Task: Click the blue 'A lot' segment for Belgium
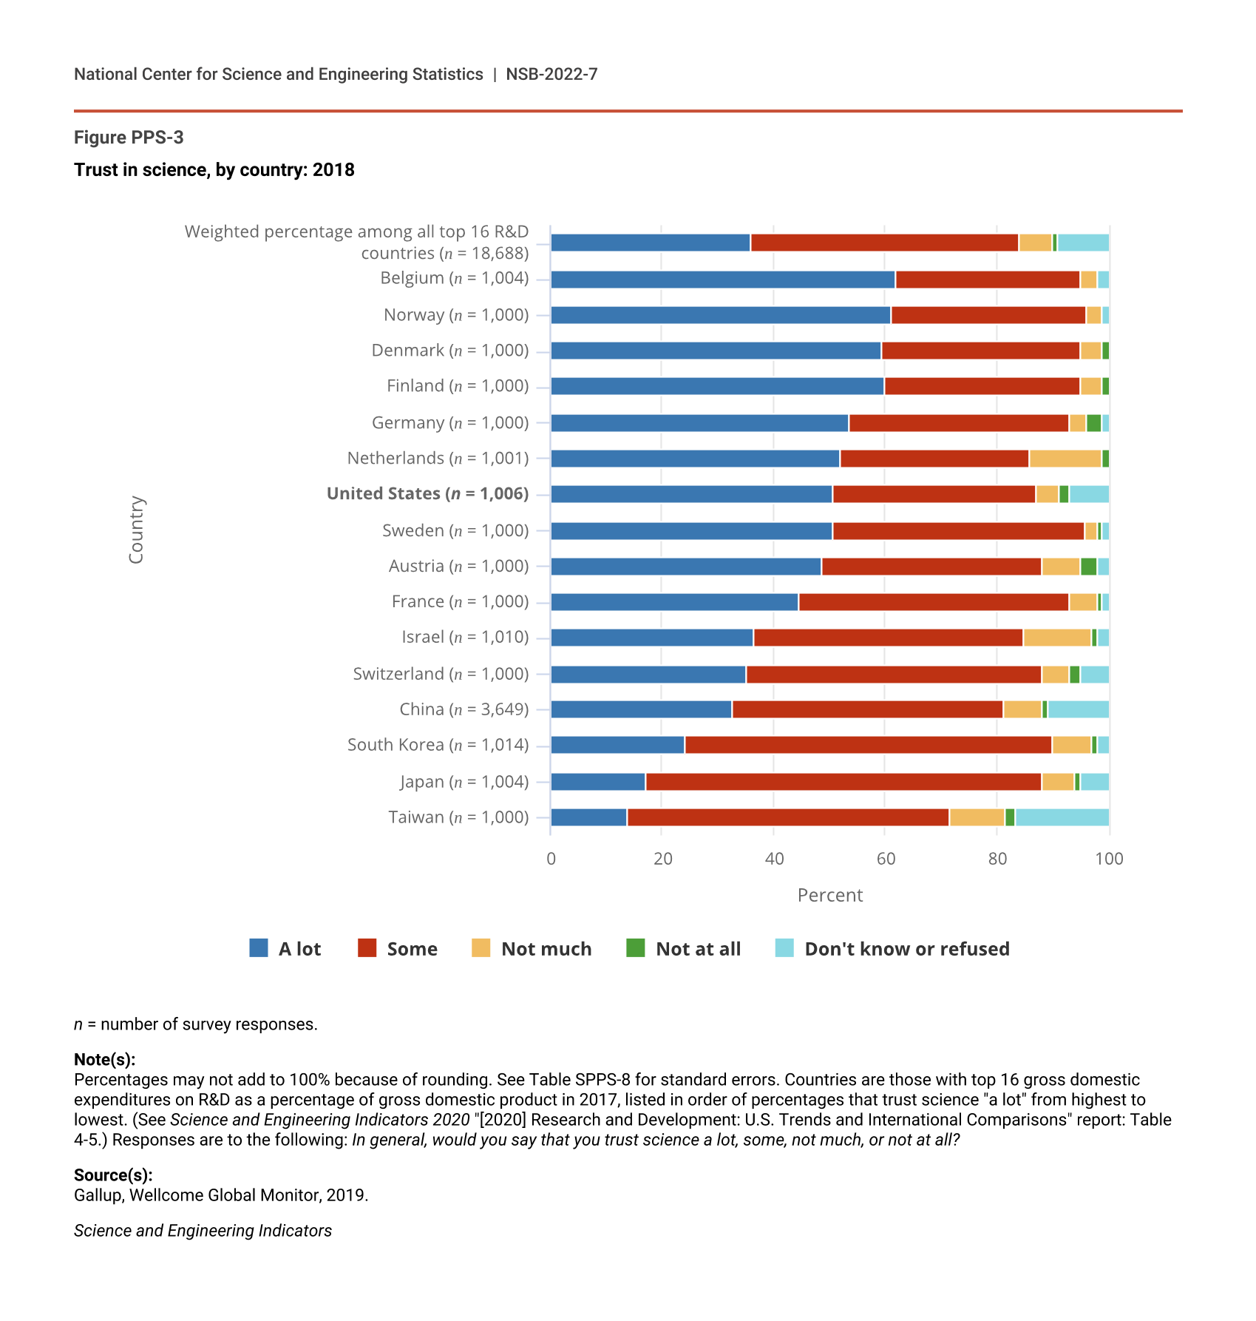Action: pos(722,280)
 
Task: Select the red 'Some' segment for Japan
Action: pos(843,782)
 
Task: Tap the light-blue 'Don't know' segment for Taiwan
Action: pos(1062,817)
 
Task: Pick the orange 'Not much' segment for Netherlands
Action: pos(1065,459)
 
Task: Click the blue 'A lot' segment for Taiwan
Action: pos(588,817)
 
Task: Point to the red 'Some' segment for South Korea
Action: pos(868,745)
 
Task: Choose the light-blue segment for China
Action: pos(1078,709)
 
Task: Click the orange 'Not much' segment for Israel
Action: pos(1057,638)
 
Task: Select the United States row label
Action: pos(427,493)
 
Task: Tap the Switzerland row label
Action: pos(441,674)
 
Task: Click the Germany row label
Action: pos(450,422)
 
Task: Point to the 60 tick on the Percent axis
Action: pos(886,859)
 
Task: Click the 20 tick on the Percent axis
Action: pos(663,859)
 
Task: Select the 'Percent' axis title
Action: pos(829,895)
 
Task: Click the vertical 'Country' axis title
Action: pos(136,530)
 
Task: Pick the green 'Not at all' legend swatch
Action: pos(635,948)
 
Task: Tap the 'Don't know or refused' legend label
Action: pos(906,949)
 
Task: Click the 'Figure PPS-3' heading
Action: pos(129,138)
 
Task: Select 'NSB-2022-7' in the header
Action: pos(551,74)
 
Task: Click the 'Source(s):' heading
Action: pos(113,1175)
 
